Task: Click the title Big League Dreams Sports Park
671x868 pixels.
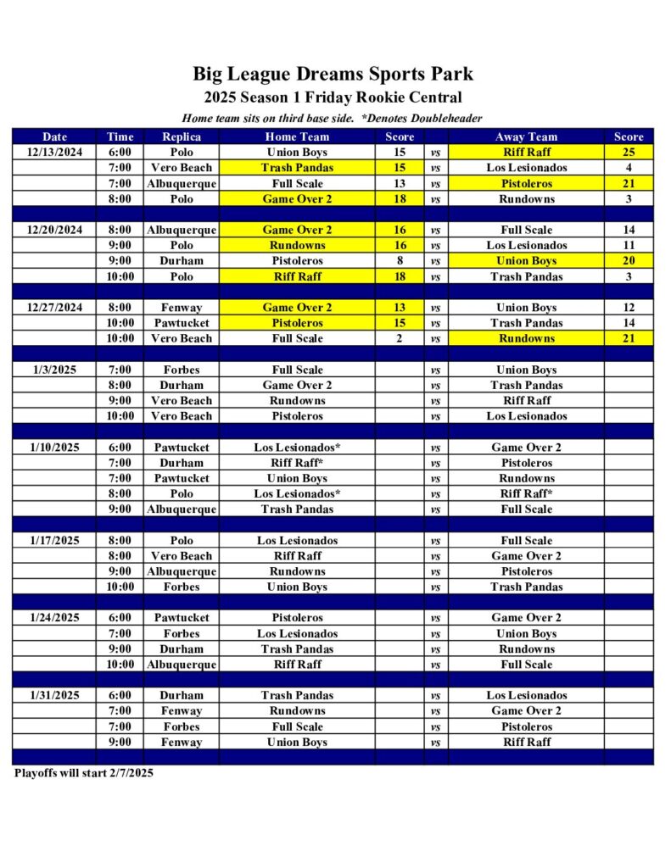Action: point(333,74)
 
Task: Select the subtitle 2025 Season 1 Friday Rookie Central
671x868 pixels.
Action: point(333,97)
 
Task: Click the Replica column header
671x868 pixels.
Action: point(181,136)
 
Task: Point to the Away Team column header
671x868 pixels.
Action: point(526,136)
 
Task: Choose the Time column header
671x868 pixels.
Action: point(120,136)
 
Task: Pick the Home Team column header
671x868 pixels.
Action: point(297,136)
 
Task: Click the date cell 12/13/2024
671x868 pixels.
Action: point(54,152)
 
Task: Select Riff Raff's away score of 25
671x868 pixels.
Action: point(629,152)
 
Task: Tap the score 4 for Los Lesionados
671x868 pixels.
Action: point(629,168)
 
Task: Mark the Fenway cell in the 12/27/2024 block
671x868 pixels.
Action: point(181,308)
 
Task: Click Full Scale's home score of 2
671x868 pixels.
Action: point(400,338)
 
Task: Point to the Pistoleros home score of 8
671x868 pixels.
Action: point(400,261)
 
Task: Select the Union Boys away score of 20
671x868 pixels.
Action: point(629,261)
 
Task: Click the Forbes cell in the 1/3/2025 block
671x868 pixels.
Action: point(181,370)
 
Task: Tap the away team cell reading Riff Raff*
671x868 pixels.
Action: point(526,493)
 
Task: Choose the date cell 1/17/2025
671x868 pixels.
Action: point(54,540)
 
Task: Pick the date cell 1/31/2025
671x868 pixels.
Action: point(54,695)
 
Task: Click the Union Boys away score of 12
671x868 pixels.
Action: point(629,308)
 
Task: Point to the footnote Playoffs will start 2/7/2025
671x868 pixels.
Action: point(83,773)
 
